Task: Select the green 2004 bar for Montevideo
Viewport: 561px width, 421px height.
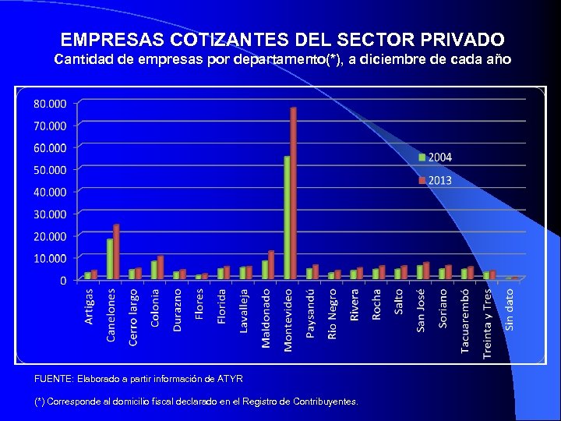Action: (287, 218)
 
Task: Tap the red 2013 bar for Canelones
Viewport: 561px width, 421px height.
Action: (116, 252)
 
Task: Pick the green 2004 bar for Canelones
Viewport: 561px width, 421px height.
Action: (110, 259)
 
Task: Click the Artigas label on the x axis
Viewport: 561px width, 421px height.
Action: (90, 306)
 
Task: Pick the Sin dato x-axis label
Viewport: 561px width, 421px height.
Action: (509, 310)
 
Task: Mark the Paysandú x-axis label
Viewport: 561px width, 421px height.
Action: (311, 313)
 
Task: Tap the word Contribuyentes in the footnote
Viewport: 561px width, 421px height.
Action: (325, 402)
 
